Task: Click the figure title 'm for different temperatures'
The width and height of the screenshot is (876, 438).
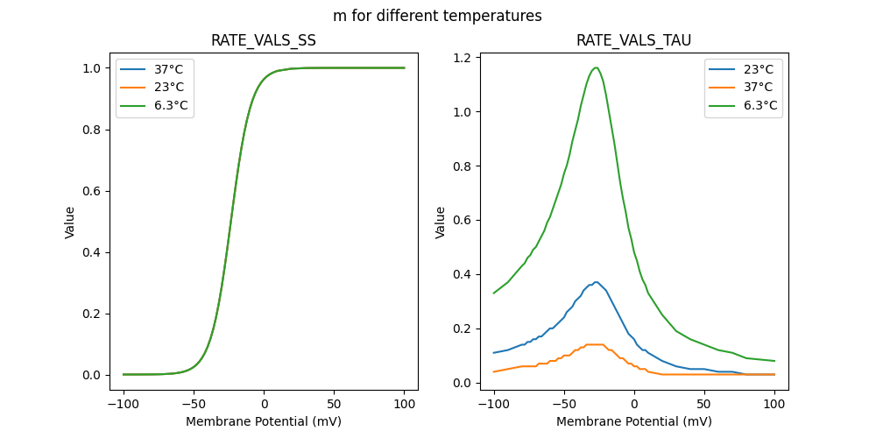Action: (437, 16)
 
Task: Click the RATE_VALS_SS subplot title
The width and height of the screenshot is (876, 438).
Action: (264, 41)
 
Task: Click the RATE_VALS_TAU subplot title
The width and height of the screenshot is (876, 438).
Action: (633, 41)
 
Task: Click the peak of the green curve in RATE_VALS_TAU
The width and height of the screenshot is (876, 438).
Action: (596, 67)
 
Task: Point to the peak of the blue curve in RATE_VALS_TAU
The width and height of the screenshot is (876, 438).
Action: (596, 282)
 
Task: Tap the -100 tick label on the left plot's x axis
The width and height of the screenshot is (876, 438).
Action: (123, 404)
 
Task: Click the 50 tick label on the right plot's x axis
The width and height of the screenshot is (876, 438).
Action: (704, 404)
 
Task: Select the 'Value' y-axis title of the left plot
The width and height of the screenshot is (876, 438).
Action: (70, 223)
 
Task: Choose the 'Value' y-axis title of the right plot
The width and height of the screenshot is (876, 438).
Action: (441, 223)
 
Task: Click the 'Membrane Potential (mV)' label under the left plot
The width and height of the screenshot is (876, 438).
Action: (264, 421)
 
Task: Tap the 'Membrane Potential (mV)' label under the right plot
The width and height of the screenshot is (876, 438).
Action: (633, 421)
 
